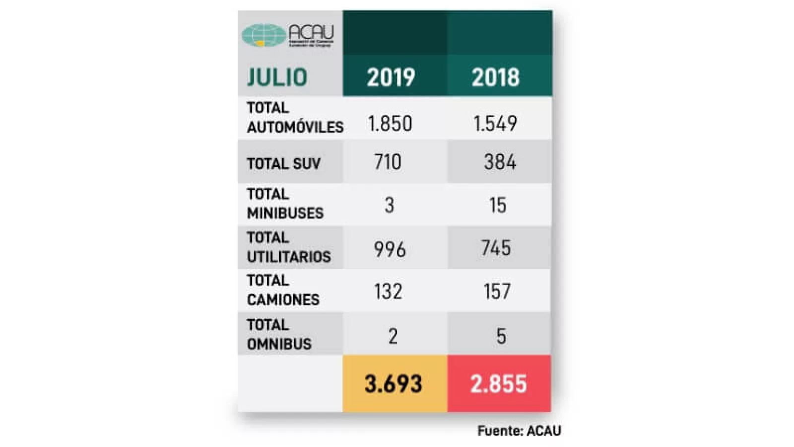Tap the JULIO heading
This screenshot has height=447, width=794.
tap(277, 77)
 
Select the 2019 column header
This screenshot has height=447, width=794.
tap(391, 77)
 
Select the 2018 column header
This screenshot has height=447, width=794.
tap(496, 77)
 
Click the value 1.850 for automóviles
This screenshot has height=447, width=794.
tap(390, 124)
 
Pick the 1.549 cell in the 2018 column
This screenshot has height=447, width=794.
tap(495, 124)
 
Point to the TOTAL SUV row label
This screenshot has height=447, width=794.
tap(284, 163)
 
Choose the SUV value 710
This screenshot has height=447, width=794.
tap(388, 162)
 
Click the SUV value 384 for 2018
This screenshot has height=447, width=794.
tap(500, 162)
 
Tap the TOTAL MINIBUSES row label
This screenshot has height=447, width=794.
tap(285, 204)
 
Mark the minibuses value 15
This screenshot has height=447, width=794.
tap(498, 205)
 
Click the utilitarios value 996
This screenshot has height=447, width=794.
tap(390, 249)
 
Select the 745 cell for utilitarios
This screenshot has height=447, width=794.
tap(496, 248)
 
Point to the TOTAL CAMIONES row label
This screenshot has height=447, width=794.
tap(283, 290)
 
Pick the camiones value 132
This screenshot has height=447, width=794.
tap(388, 292)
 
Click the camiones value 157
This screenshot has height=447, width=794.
tap(497, 292)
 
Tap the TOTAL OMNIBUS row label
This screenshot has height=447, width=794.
tap(279, 334)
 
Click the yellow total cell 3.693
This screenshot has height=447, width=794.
tap(394, 384)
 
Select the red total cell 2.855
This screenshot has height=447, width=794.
tap(499, 384)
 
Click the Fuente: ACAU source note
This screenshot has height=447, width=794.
tap(519, 431)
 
